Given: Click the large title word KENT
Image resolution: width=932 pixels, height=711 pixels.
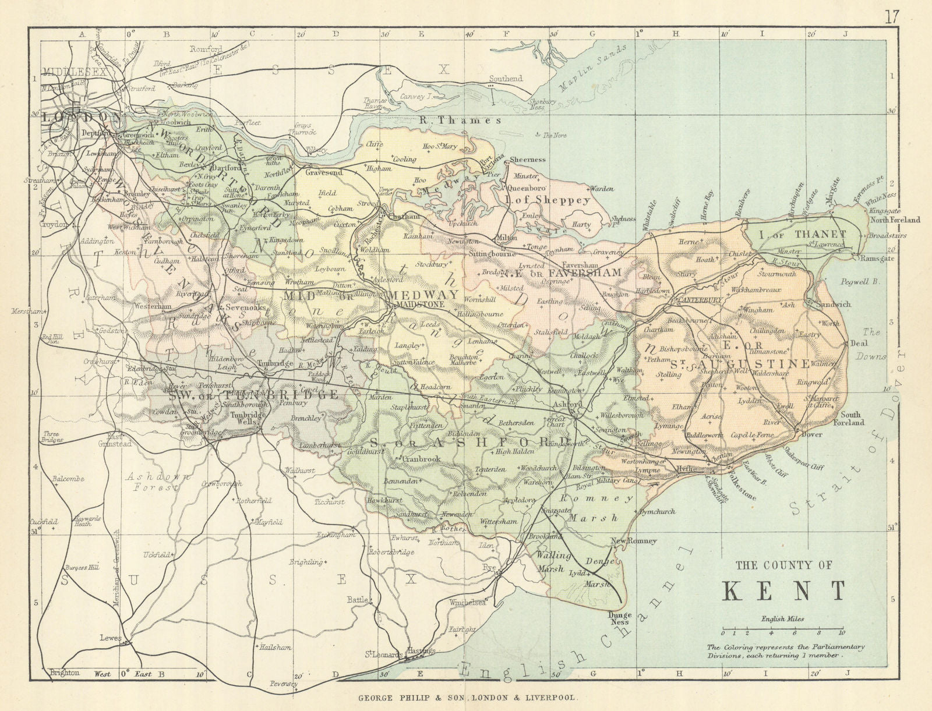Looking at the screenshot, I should [x=783, y=590].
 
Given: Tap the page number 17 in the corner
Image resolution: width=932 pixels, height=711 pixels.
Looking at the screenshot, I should [x=892, y=16].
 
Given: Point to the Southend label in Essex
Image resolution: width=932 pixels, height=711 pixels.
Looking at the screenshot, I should [x=506, y=78].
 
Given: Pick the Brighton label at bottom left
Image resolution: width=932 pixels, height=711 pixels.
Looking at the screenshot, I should [x=64, y=673].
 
